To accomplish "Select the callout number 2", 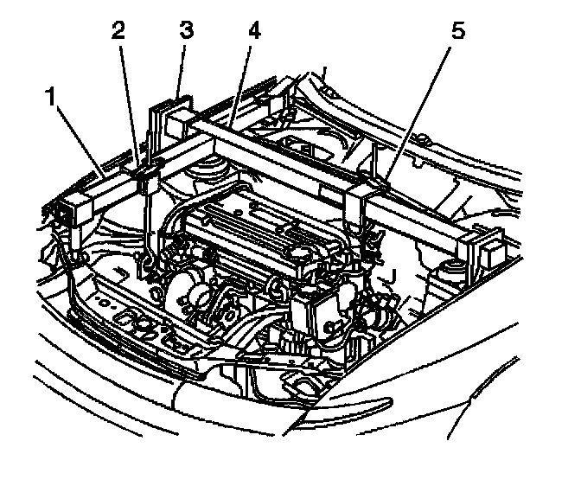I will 118,32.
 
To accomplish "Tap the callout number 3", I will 184,32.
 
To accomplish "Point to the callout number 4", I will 252,32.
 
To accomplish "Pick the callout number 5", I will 458,32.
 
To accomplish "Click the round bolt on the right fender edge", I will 425,139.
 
